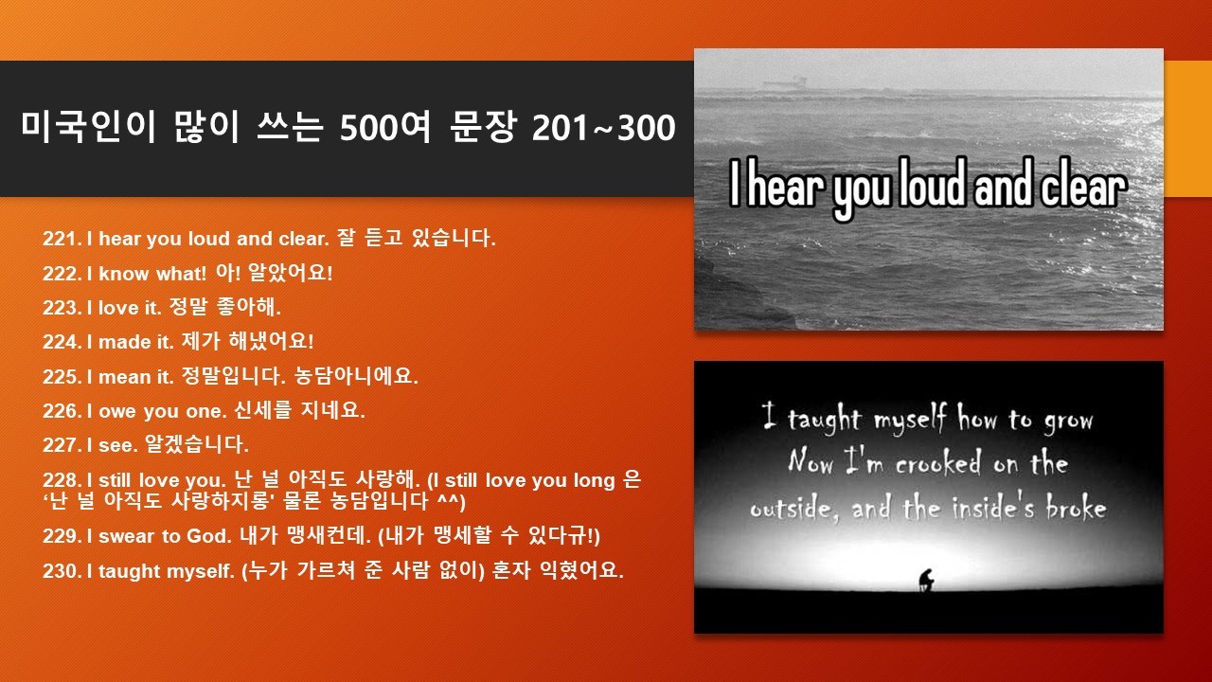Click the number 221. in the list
point(62,239)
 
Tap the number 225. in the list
point(62,377)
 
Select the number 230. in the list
point(62,571)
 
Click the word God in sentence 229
point(208,536)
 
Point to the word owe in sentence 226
point(118,412)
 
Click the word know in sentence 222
point(123,274)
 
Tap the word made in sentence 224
point(125,342)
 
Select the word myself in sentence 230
point(200,571)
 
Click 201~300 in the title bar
point(603,128)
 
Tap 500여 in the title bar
point(384,128)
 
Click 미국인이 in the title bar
point(88,128)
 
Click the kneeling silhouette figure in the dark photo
point(926,580)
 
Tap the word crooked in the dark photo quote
point(937,463)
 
